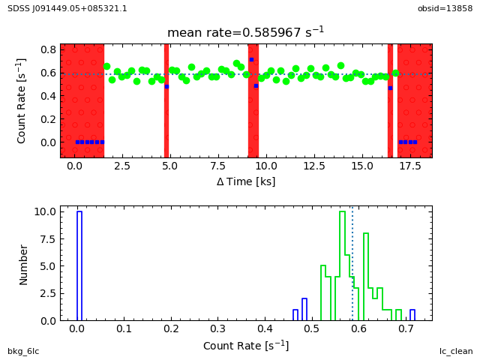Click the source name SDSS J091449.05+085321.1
click(67, 8)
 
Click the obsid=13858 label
click(445, 8)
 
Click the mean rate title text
click(245, 32)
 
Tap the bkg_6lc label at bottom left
click(23, 351)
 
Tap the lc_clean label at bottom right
click(456, 351)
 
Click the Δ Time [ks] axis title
click(245, 181)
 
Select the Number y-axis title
click(24, 264)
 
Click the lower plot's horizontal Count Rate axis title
click(245, 346)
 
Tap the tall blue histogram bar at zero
click(79, 265)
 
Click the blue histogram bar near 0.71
click(412, 315)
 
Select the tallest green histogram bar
click(342, 265)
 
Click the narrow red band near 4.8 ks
click(166, 100)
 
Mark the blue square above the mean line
click(251, 59)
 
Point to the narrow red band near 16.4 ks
click(390, 100)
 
